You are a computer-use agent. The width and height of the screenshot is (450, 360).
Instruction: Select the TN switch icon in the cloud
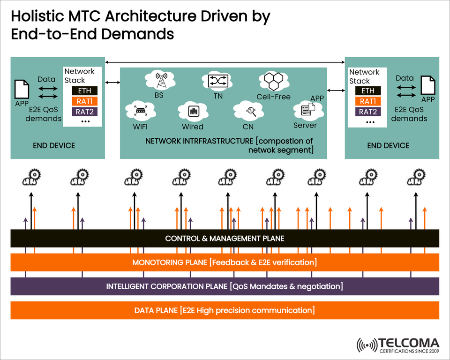point(217,81)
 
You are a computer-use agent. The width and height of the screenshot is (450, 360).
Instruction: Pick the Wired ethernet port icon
point(193,112)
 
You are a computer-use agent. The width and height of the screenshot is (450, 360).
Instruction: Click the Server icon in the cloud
point(306,111)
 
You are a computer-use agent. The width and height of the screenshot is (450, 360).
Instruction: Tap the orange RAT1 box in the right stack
point(368,101)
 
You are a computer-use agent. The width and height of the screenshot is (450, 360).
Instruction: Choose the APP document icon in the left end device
point(22,89)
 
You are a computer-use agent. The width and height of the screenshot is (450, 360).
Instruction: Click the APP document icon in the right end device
point(427,85)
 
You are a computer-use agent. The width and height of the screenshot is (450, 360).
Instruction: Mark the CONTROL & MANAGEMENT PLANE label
point(225,239)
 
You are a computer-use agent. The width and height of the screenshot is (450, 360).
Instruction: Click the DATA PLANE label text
point(225,310)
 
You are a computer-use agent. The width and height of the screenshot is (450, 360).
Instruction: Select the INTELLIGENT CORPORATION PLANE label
point(225,286)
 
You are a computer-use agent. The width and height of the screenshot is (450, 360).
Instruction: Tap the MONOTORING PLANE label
point(225,262)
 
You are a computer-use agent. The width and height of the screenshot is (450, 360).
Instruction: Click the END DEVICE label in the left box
point(54,146)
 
